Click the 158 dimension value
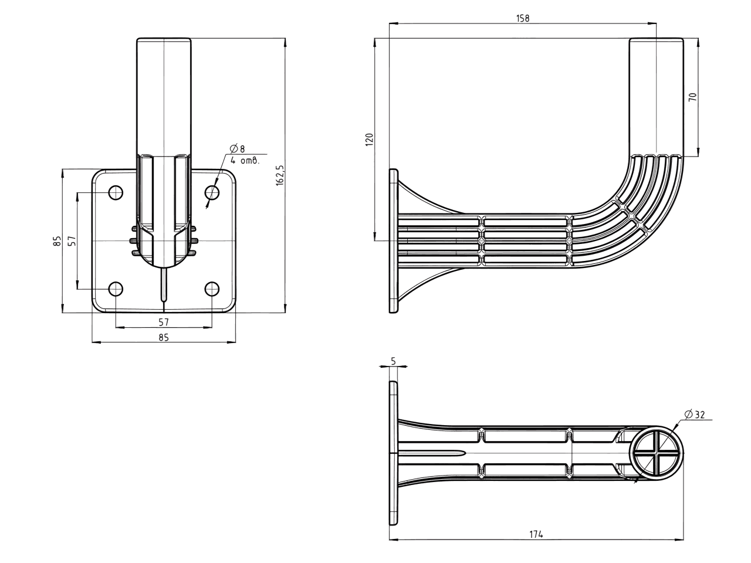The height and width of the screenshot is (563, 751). coord(523,18)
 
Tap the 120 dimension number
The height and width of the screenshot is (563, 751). coord(370,140)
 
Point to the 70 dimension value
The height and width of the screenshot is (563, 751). coord(692,97)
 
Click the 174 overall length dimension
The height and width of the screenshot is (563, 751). coord(536,534)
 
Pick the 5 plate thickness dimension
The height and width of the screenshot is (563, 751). coord(393,361)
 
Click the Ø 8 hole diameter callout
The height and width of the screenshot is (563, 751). coord(238,148)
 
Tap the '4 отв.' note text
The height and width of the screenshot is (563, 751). coord(245,160)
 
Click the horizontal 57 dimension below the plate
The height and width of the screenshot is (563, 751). coord(164,321)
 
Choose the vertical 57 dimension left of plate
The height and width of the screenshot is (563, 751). coord(72,240)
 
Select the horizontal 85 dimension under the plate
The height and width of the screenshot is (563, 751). coord(164,337)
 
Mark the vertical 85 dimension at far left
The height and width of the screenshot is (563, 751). coord(56,240)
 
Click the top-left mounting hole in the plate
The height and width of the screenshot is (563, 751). coord(116,192)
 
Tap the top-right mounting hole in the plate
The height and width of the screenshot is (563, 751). coord(212,192)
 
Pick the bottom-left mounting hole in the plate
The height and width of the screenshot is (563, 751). coord(116,289)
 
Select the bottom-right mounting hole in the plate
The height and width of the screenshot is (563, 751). coord(212,289)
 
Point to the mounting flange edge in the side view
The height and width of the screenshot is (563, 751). coord(393,240)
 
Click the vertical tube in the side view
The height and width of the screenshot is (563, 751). coord(656,97)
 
